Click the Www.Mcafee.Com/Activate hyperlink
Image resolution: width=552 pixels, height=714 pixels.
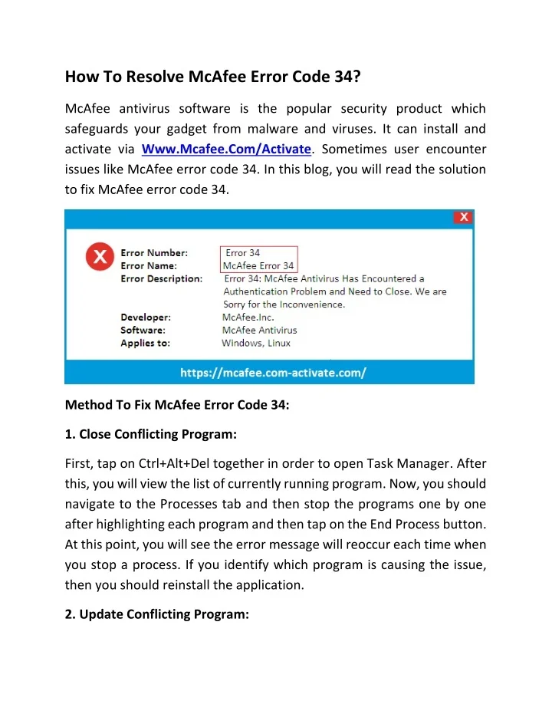[227, 149]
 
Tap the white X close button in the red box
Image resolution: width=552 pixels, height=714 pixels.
[463, 217]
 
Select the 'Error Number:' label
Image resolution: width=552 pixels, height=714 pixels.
[153, 252]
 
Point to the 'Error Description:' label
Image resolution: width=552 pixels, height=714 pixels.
[162, 278]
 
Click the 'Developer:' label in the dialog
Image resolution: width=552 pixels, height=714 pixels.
[146, 317]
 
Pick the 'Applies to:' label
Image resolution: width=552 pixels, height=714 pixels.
[146, 343]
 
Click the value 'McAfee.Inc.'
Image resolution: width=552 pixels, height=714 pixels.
[248, 317]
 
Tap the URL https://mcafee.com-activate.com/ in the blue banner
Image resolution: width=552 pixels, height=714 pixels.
[273, 373]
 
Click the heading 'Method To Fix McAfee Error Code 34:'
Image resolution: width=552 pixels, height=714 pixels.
[177, 406]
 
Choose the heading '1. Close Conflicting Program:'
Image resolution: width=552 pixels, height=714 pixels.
[150, 434]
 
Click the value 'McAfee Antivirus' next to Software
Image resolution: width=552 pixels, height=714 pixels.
[259, 330]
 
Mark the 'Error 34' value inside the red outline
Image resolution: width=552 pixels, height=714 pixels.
[243, 252]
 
